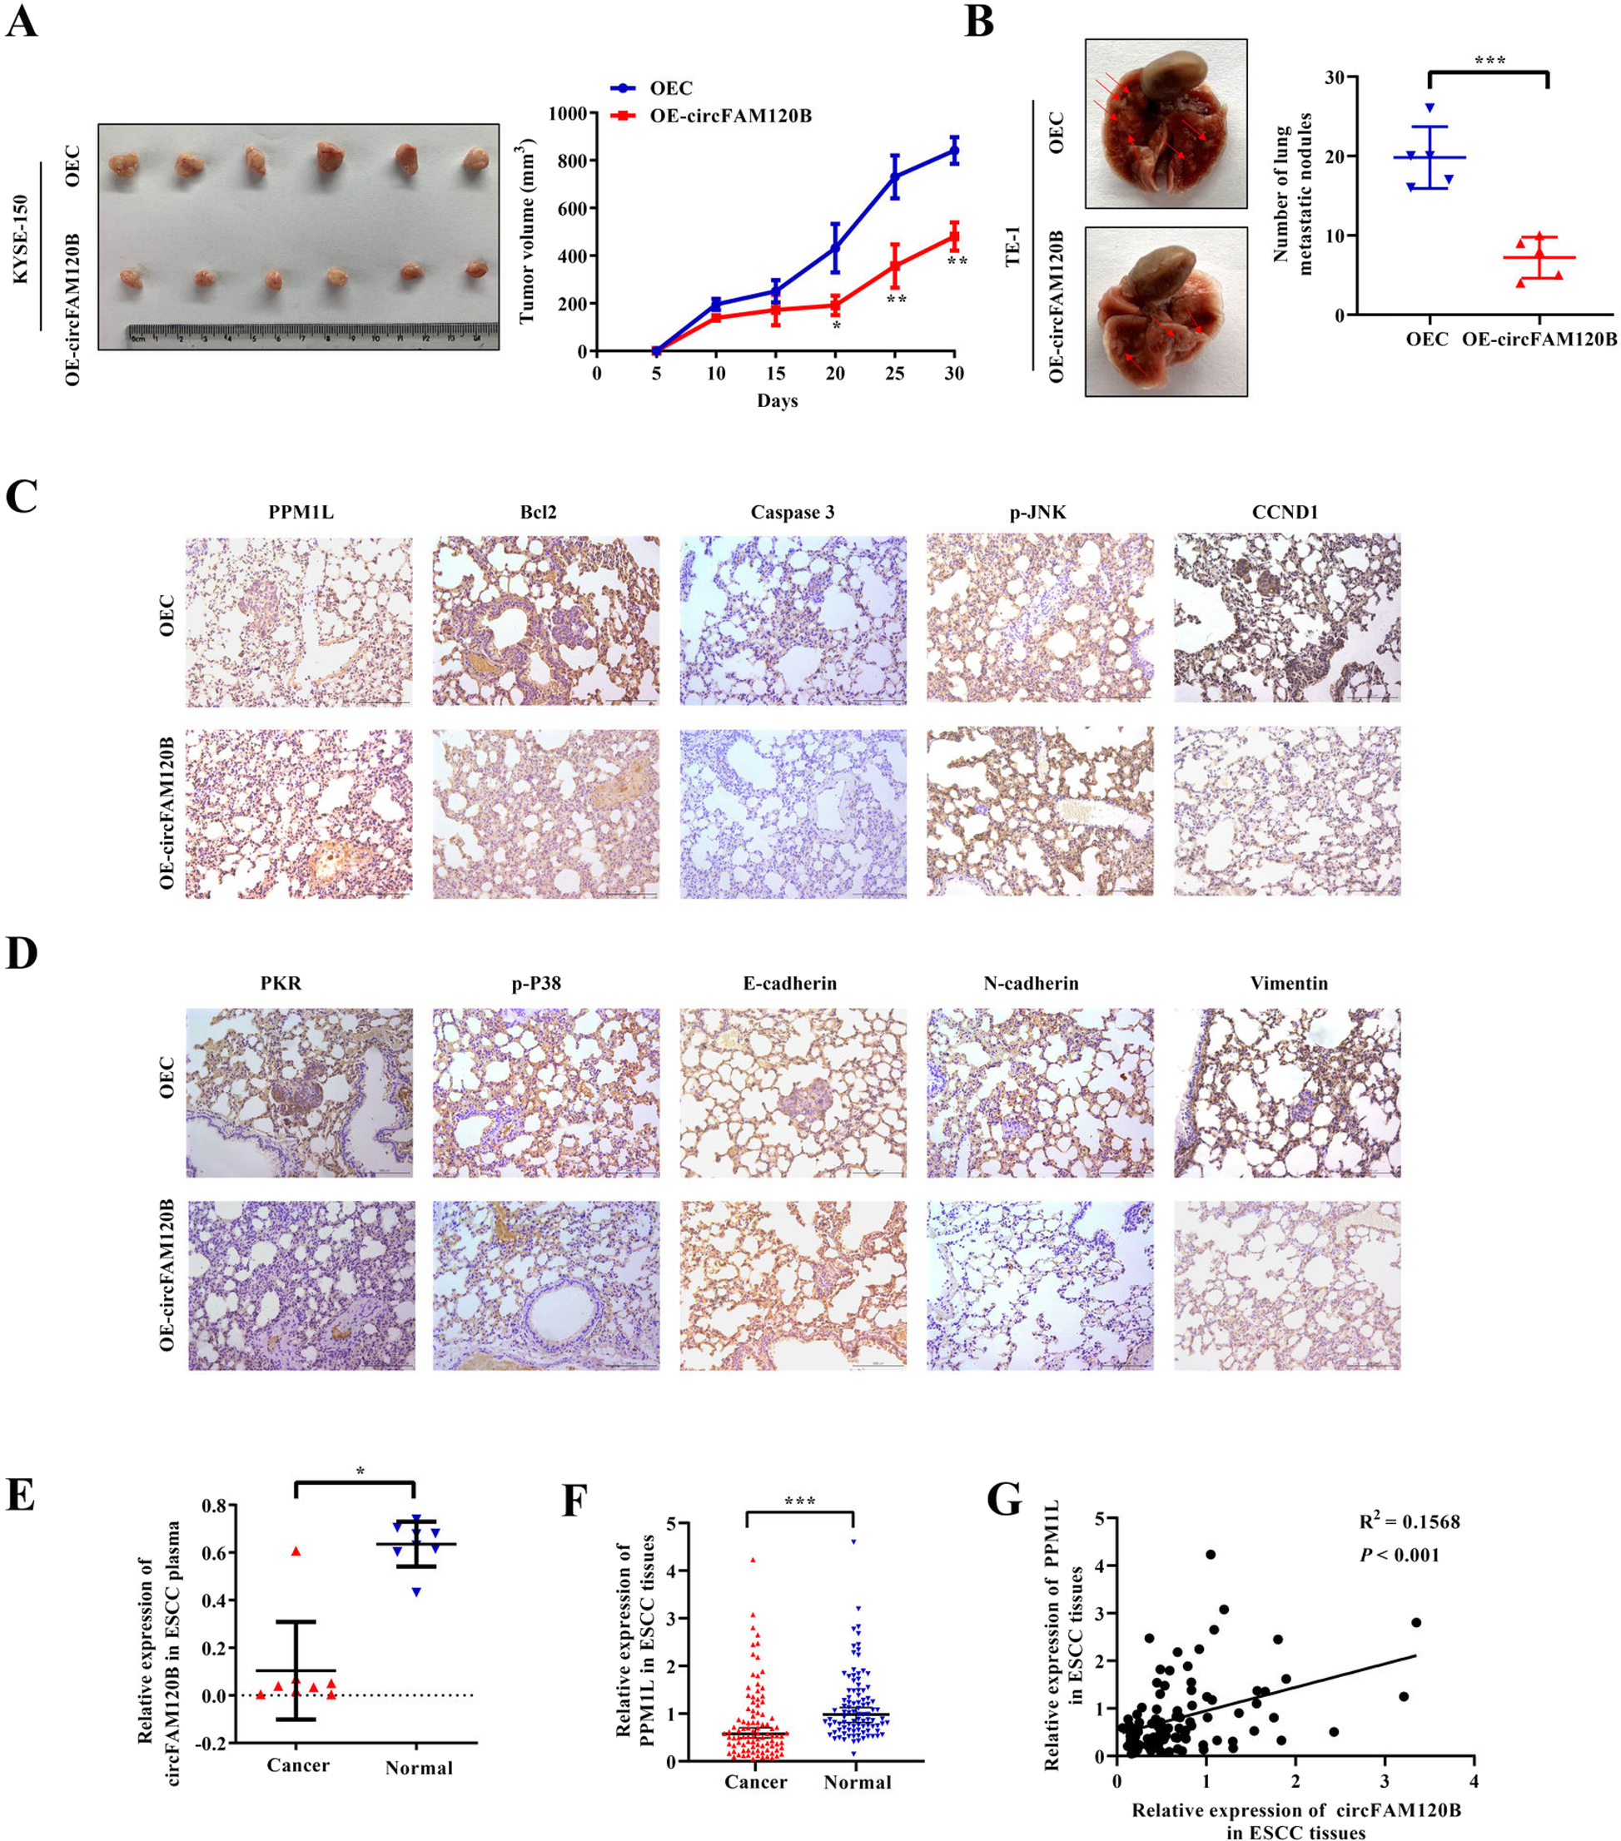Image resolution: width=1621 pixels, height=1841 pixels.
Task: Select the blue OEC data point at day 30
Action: pyautogui.click(x=953, y=151)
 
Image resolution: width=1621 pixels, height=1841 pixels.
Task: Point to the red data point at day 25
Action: pyautogui.click(x=894, y=266)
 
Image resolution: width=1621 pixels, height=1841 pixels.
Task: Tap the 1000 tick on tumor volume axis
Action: pyautogui.click(x=566, y=113)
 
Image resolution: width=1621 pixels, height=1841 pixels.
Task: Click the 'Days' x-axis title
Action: pyautogui.click(x=777, y=401)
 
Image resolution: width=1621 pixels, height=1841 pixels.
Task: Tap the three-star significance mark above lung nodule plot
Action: pyautogui.click(x=1489, y=62)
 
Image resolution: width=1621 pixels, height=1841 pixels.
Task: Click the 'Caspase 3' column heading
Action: pyautogui.click(x=792, y=513)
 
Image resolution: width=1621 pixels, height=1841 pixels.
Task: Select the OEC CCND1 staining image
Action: pyautogui.click(x=1285, y=618)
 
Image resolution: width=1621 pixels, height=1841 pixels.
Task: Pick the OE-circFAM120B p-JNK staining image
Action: pyautogui.click(x=1039, y=811)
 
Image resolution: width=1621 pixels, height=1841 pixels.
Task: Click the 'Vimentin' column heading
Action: pyautogui.click(x=1288, y=984)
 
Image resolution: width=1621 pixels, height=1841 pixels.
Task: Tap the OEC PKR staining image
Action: pyautogui.click(x=299, y=1093)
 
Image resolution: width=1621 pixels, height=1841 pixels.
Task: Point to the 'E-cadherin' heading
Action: pyautogui.click(x=789, y=984)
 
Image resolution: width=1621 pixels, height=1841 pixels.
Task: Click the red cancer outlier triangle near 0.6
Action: pyautogui.click(x=296, y=1551)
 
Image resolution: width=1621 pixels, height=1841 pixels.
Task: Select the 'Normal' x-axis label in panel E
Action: pyautogui.click(x=418, y=1768)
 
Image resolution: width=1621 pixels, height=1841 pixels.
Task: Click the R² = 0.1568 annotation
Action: pyautogui.click(x=1410, y=1521)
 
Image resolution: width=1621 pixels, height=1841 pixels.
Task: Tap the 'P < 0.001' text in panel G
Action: pyautogui.click(x=1399, y=1556)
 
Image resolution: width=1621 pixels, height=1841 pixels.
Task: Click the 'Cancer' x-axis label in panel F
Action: pyautogui.click(x=755, y=1783)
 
